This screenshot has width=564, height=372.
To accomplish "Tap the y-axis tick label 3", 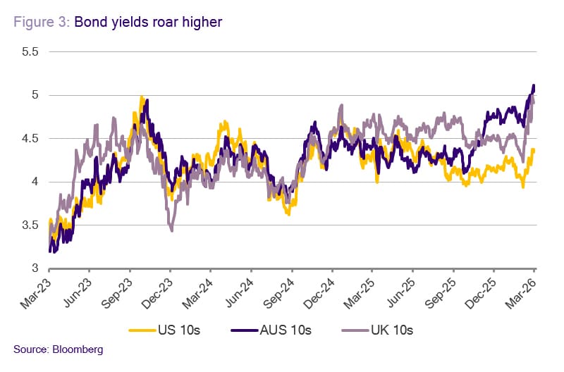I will pos(34,268).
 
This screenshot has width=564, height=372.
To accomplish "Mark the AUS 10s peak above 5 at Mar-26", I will pos(533,85).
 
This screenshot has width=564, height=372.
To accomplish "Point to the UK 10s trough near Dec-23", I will pos(171,230).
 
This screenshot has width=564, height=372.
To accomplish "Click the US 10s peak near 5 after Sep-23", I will pos(142,97).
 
